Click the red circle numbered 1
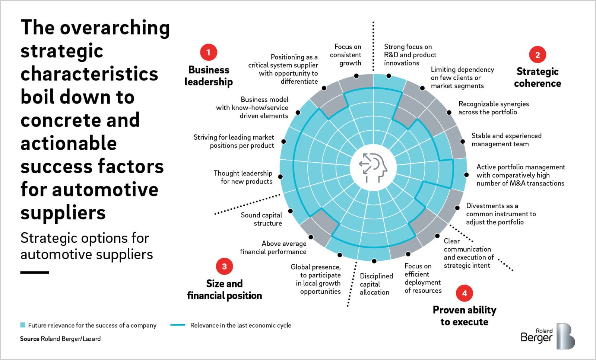(x=209, y=52)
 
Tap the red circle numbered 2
(x=538, y=55)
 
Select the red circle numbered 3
(x=224, y=266)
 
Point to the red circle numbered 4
(x=464, y=293)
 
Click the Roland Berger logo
(x=548, y=336)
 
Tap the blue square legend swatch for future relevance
(x=23, y=325)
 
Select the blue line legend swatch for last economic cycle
(x=178, y=325)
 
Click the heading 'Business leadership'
(x=209, y=76)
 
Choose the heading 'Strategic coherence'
(x=538, y=77)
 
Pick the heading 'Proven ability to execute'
(x=464, y=316)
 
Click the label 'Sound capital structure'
(x=261, y=219)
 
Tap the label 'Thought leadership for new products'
(x=243, y=177)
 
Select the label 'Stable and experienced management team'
(x=506, y=140)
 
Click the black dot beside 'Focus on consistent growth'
(x=356, y=76)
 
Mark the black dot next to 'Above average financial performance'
(x=311, y=237)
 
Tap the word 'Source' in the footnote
(x=29, y=339)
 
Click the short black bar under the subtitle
(x=35, y=273)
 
